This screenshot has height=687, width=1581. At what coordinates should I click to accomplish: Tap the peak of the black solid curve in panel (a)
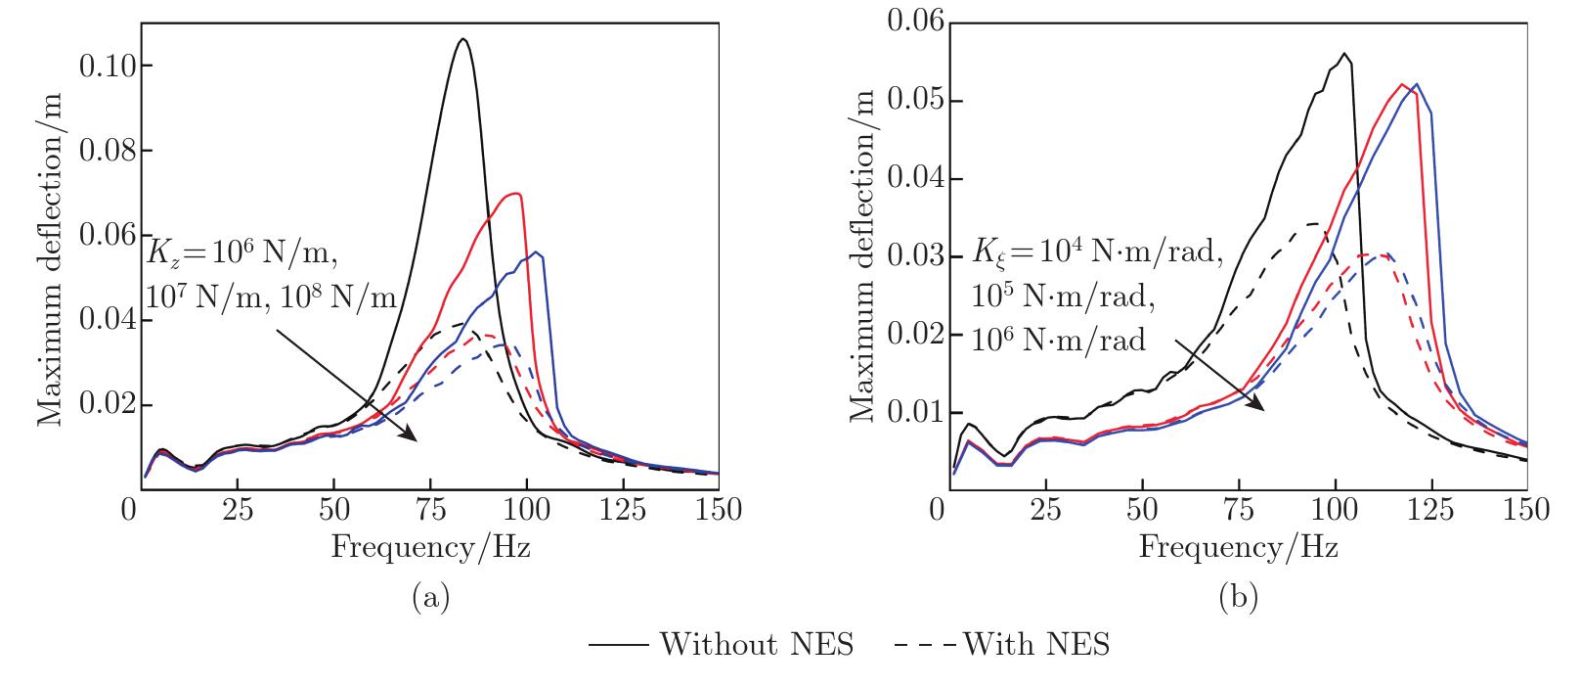click(463, 39)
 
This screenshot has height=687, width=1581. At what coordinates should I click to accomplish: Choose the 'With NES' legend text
click(1036, 645)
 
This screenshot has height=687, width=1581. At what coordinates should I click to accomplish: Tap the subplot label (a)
click(431, 596)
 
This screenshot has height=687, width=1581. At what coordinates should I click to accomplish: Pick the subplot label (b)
click(1239, 596)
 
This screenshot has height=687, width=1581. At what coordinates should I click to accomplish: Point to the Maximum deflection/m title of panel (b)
click(861, 258)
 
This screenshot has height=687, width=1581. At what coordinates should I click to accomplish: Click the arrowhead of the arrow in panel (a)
click(416, 439)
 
